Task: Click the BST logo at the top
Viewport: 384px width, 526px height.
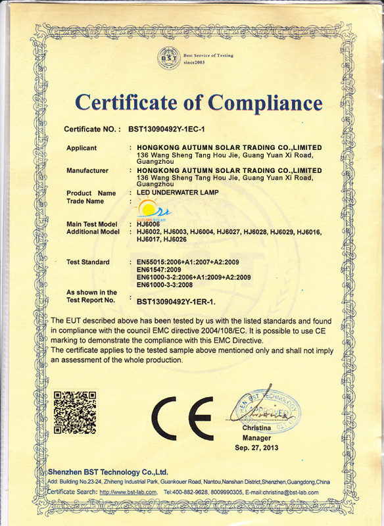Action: pos(166,60)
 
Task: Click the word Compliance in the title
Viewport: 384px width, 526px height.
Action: pos(265,103)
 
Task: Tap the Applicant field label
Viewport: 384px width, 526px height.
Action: pos(82,148)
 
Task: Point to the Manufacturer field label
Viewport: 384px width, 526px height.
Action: pos(87,171)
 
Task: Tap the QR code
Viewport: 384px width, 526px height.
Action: pos(74,412)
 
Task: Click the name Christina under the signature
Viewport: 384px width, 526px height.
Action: pos(256,429)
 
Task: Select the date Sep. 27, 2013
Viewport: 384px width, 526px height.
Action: pos(256,447)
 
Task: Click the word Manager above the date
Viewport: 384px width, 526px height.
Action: pos(256,438)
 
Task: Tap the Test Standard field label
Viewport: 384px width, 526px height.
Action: pos(88,262)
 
